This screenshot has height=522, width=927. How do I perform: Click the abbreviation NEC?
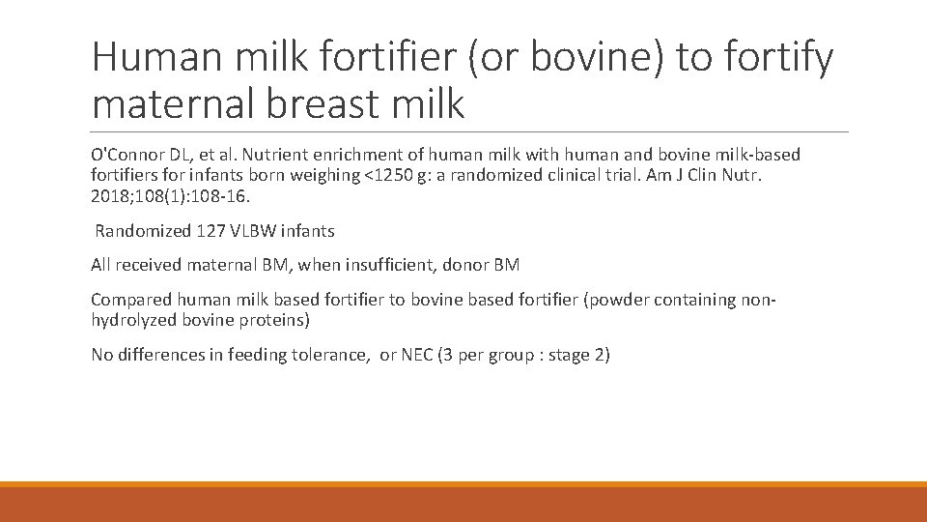pos(417,355)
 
